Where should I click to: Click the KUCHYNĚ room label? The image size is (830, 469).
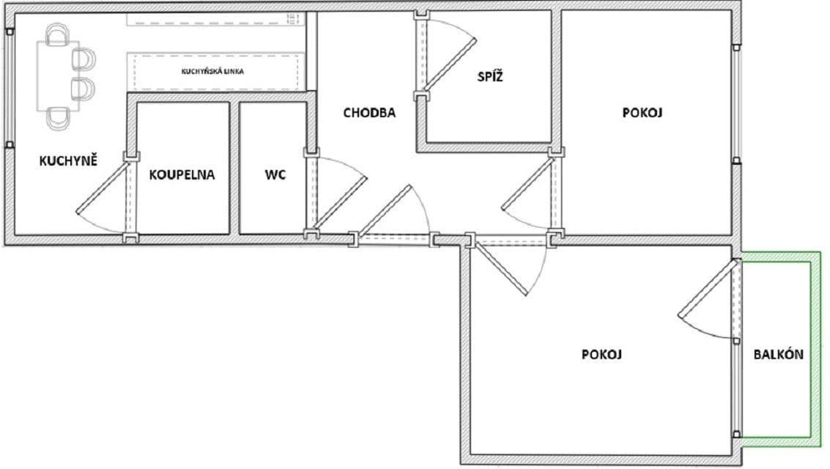pos(68,160)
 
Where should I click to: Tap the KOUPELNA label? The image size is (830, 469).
pos(182,175)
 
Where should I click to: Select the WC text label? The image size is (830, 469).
pos(275,175)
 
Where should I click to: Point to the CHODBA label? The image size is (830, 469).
pos(369,113)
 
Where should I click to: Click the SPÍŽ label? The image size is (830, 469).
pos(491,76)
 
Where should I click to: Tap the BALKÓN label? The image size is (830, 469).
pos(779,355)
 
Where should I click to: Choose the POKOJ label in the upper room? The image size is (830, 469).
pos(642,113)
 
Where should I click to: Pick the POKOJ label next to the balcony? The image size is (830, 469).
pos(601,355)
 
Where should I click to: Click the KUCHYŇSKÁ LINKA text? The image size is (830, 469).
pos(212,72)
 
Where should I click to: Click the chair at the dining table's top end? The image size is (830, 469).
pos(56,34)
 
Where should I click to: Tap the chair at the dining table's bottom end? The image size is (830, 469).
pos(58,117)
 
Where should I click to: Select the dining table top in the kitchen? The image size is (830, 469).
pos(55,75)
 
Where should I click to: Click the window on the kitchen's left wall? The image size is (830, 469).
pos(9,88)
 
